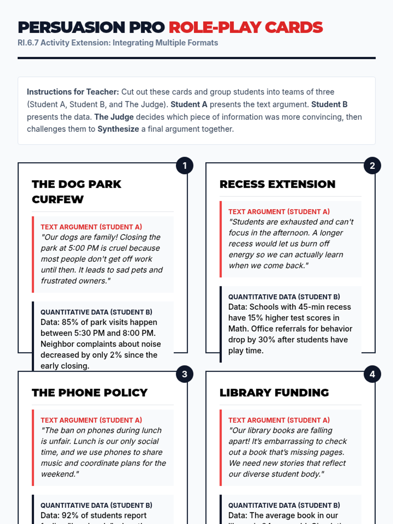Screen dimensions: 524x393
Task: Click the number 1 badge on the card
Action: pos(184,166)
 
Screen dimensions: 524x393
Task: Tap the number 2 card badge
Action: pos(372,166)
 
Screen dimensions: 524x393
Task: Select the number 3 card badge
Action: pos(184,374)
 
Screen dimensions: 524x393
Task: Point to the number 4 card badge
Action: pos(372,374)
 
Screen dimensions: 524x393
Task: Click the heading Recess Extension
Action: pos(277,184)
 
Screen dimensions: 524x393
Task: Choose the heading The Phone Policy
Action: pos(90,392)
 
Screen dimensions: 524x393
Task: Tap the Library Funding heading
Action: pos(274,392)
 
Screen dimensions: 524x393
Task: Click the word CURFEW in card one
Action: pos(58,199)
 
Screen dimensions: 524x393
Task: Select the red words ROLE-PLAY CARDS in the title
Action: pos(246,28)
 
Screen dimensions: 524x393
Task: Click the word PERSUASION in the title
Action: pos(71,28)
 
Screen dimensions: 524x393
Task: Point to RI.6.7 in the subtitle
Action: pos(28,43)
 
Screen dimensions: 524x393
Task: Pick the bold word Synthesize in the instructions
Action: pos(118,129)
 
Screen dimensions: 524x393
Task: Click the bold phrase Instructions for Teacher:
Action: pos(73,92)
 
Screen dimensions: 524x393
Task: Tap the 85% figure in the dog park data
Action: pos(70,322)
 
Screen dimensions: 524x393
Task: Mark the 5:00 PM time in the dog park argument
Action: pos(85,248)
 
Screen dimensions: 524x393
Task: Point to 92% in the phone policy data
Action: pos(70,515)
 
